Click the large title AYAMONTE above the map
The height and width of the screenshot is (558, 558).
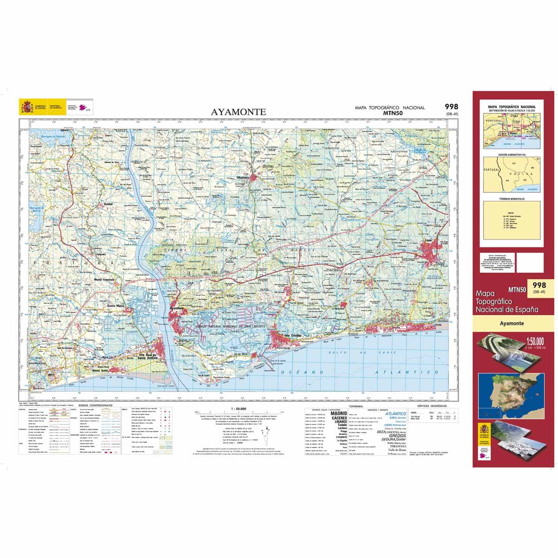[x=239, y=112]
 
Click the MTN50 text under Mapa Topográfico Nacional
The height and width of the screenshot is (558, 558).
[x=390, y=113]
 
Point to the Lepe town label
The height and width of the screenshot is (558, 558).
[x=429, y=240]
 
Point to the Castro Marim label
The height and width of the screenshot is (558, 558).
[x=116, y=306]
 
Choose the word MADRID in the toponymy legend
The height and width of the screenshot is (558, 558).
[x=338, y=413]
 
